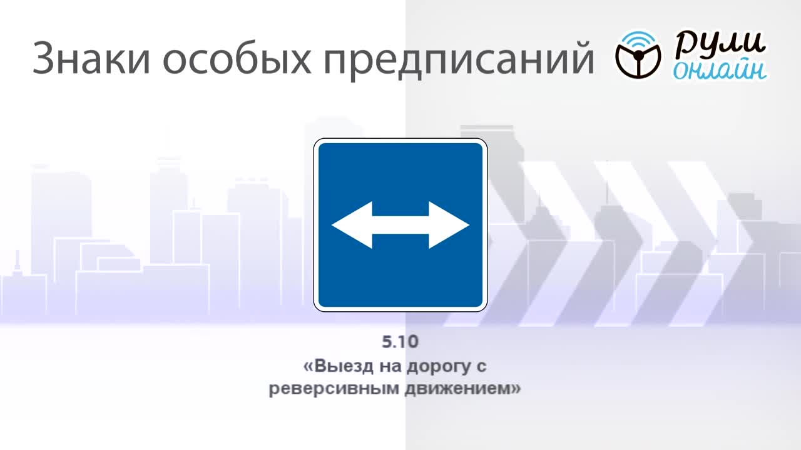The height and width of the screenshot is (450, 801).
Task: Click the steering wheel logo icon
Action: click(x=638, y=56)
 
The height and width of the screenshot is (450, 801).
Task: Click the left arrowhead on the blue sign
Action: click(x=352, y=225)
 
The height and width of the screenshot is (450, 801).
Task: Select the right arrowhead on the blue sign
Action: click(x=449, y=225)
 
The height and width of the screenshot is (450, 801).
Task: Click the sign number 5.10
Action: click(x=400, y=342)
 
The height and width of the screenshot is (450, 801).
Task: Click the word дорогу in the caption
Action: click(x=439, y=367)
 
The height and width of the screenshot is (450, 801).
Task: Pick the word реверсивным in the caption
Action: click(x=334, y=389)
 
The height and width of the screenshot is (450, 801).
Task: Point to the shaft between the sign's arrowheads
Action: click(x=400, y=225)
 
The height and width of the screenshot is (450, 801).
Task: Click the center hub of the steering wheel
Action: click(x=638, y=55)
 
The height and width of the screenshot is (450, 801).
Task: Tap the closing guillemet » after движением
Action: click(x=515, y=388)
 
